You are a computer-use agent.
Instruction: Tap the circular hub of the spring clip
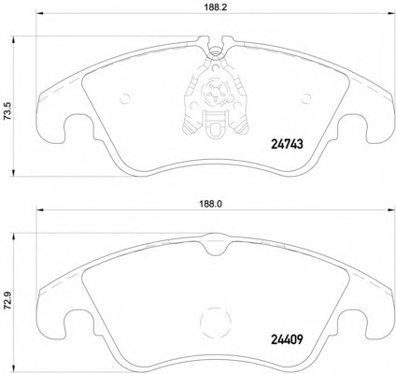coord(214,93)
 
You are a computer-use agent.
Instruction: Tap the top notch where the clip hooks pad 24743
coord(214,44)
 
